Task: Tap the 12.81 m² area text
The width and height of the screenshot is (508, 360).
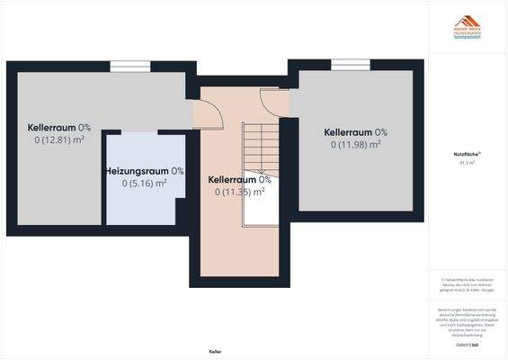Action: tap(60, 139)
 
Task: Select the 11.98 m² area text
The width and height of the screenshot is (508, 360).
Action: tap(356, 144)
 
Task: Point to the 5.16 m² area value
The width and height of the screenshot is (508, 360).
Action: tap(145, 184)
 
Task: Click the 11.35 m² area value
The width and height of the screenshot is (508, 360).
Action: tap(240, 191)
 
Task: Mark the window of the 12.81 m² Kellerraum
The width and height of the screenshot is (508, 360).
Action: tap(123, 65)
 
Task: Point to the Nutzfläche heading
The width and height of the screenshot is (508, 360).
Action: tap(467, 155)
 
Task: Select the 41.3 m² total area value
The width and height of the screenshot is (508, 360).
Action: tap(467, 164)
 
